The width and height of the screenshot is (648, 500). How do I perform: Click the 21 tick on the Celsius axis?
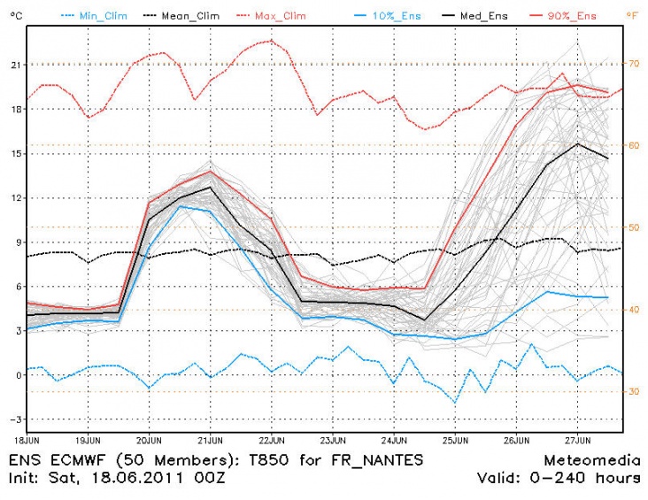pyautogui.click(x=14, y=65)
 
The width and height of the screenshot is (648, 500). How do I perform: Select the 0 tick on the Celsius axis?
pyautogui.click(x=16, y=375)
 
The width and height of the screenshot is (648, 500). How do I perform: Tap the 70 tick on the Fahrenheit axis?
pyautogui.click(x=635, y=63)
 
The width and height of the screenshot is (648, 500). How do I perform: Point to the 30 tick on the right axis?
pyautogui.click(x=635, y=391)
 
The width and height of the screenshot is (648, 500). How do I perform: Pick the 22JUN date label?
pyautogui.click(x=272, y=439)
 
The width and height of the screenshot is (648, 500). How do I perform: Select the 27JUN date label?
pyautogui.click(x=578, y=439)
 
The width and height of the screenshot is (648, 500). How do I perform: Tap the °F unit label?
pyautogui.click(x=635, y=15)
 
